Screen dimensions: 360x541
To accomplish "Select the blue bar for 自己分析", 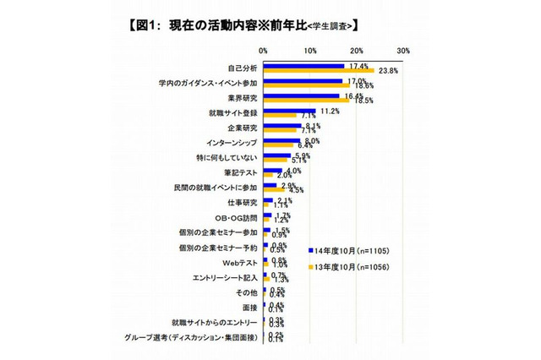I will [304, 65].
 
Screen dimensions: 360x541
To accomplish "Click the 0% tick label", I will [264, 51].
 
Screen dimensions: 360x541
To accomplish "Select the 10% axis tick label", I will [310, 51].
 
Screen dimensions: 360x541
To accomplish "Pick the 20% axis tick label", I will [356, 51].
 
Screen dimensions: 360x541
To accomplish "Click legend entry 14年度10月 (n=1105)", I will [353, 251].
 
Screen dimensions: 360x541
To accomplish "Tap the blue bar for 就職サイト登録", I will [289, 110].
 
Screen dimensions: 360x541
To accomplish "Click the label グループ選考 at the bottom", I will [196, 338].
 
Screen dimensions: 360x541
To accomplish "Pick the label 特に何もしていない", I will [225, 157].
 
